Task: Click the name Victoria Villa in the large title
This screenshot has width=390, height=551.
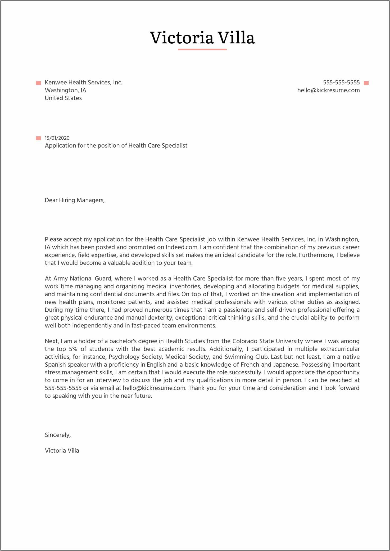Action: pos(202,38)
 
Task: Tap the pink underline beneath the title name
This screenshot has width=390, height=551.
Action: pos(202,49)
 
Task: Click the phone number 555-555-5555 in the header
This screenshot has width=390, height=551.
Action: pos(341,82)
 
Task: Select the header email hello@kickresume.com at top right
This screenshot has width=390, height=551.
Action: pos(328,90)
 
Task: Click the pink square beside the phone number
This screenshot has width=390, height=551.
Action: pos(366,83)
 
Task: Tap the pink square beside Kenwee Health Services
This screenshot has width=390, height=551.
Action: pos(38,83)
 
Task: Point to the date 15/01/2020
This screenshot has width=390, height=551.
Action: pos(57,138)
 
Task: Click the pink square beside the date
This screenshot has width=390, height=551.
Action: pos(38,138)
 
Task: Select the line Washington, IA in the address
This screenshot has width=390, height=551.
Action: pos(65,90)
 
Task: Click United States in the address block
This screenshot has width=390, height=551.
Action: pos(63,98)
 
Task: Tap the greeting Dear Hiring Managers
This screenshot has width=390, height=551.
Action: pos(75,200)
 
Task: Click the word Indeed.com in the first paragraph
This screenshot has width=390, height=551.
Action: pos(182,247)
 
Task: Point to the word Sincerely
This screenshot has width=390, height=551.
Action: pos(58,435)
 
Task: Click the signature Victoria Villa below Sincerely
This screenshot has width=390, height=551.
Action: pos(62,450)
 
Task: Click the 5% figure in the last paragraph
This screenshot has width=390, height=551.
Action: pos(72,349)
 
